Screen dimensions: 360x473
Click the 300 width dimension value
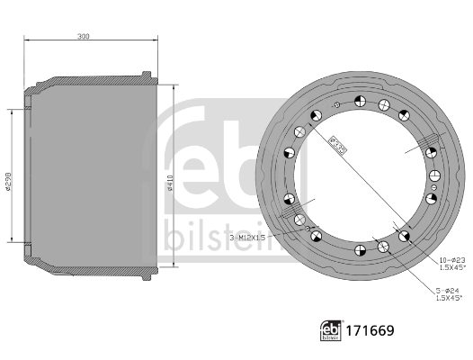click(x=84, y=36)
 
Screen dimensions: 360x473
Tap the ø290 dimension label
click(x=8, y=183)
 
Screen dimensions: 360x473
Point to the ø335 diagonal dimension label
click(x=339, y=145)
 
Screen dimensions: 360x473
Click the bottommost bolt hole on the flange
click(x=359, y=249)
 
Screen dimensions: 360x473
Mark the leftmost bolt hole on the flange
click(x=289, y=199)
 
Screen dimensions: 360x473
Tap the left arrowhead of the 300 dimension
click(x=26, y=41)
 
